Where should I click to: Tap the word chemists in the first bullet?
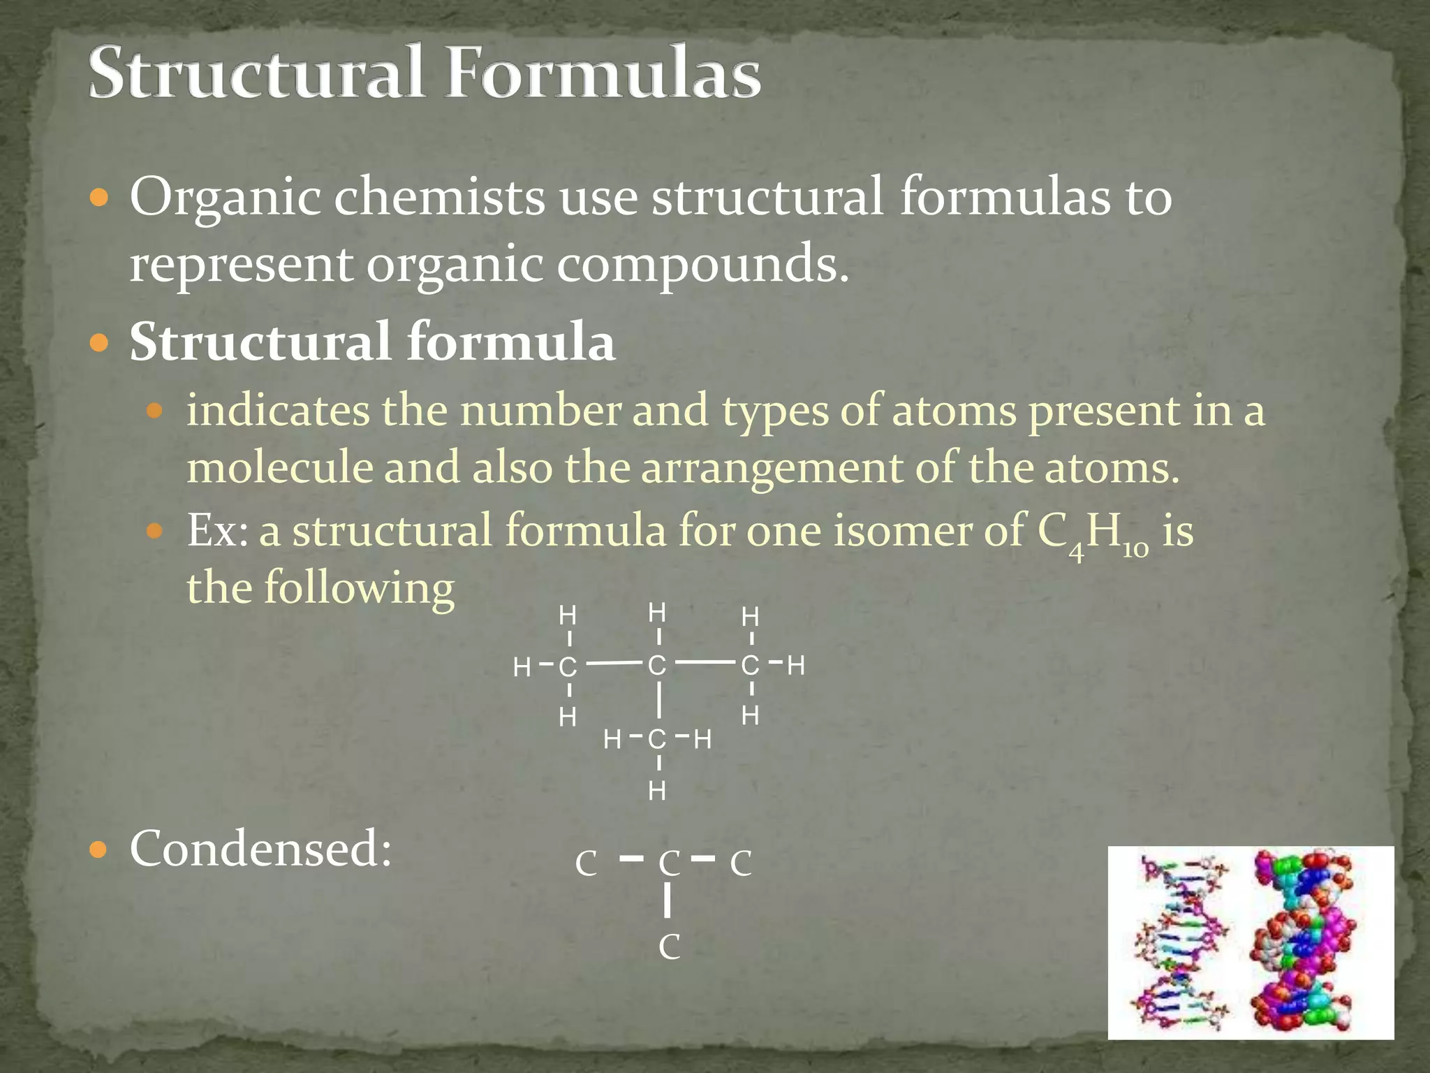coord(438,198)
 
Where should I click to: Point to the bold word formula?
coord(510,342)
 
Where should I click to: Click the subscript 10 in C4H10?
coord(1135,550)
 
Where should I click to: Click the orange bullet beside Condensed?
coord(100,850)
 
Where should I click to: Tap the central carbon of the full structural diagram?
coord(657,665)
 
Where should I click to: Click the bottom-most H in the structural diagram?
coord(657,791)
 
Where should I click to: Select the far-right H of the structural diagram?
coord(796,665)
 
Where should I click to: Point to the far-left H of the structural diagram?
coord(522,668)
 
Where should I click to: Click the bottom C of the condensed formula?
coord(669,948)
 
